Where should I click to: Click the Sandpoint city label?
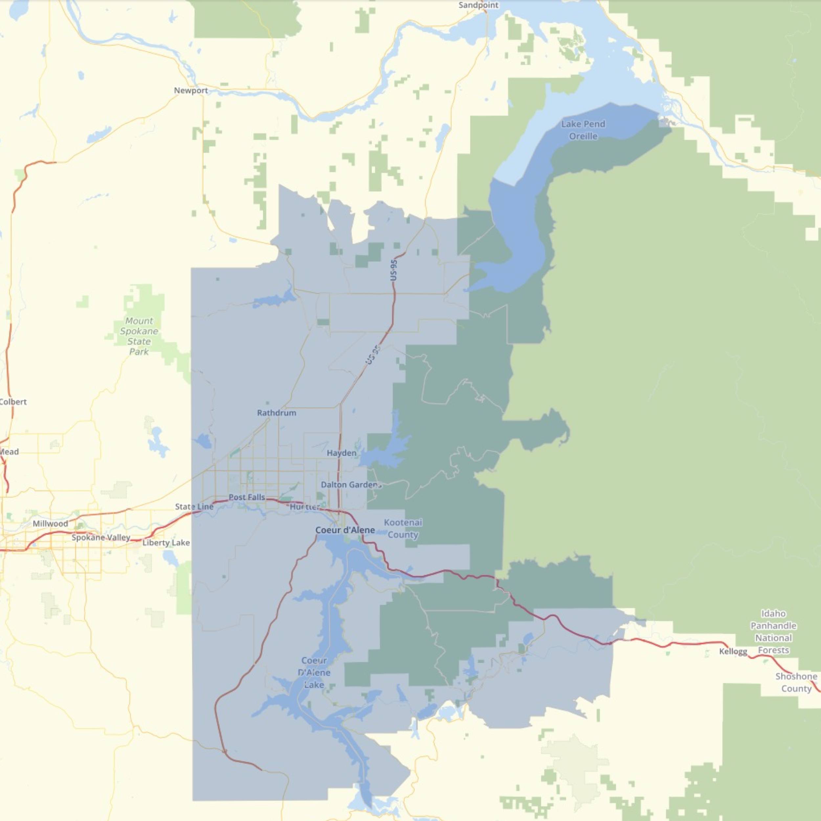click(478, 5)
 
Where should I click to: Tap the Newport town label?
click(191, 91)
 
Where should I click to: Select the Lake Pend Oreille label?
click(583, 130)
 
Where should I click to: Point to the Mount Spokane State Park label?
click(139, 336)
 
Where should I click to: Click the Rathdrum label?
click(277, 412)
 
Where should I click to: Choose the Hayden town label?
click(342, 453)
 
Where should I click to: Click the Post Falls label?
click(247, 497)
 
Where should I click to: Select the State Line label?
click(194, 506)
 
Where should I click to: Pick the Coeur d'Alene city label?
click(345, 530)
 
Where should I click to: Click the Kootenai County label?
click(403, 529)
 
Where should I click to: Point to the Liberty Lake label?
click(166, 543)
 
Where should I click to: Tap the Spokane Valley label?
click(101, 538)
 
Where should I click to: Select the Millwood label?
click(50, 523)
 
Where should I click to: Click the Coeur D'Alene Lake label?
click(314, 673)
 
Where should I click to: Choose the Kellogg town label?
click(733, 652)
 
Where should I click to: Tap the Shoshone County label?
click(796, 682)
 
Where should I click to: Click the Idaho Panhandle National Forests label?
click(773, 632)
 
